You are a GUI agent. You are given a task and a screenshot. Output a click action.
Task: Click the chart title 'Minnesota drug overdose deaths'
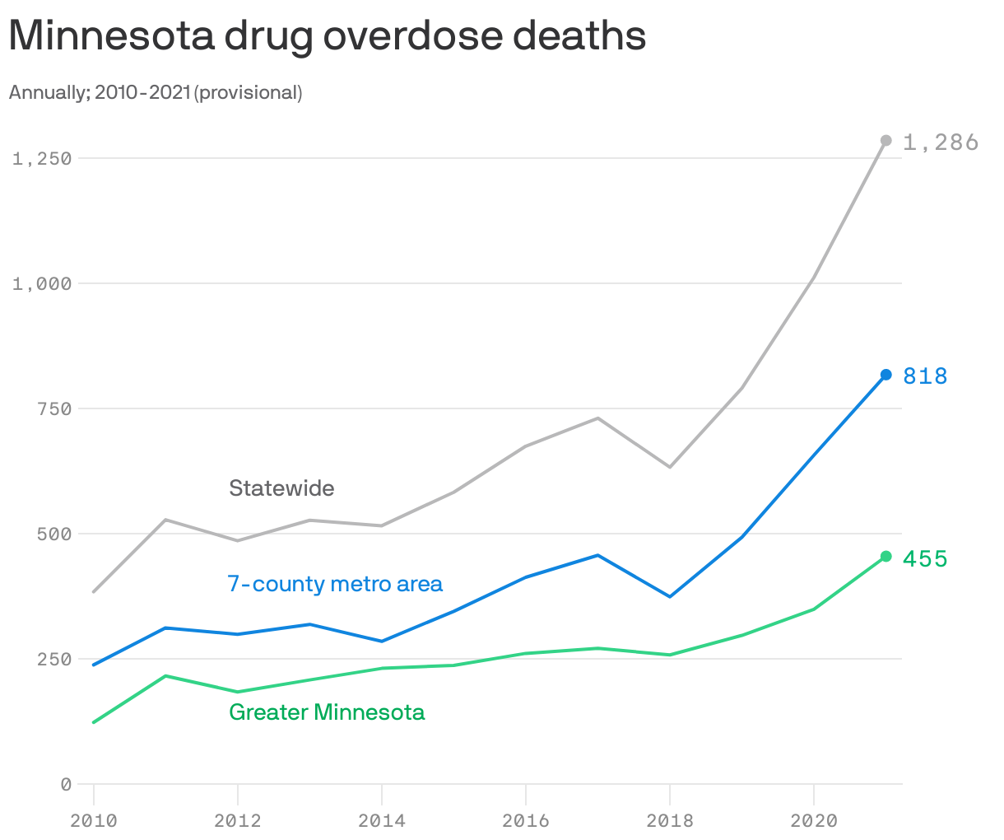327,36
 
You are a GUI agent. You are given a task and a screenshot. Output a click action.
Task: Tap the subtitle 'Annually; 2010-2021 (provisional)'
156,92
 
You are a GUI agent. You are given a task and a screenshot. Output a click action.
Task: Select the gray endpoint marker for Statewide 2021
885,141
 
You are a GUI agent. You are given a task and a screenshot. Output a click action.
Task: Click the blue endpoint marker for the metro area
885,375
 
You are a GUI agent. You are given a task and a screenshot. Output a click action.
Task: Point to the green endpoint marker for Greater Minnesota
885,557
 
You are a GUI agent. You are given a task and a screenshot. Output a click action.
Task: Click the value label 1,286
940,142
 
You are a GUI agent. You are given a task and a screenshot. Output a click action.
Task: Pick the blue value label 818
925,376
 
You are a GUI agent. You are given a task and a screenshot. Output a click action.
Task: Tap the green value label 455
925,559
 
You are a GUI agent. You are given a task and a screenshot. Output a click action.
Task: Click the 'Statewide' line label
281,488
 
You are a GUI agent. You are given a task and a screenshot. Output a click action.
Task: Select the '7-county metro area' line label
335,584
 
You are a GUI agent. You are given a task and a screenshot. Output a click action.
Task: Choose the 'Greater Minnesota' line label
327,712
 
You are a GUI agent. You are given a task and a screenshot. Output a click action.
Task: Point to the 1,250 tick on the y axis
42,158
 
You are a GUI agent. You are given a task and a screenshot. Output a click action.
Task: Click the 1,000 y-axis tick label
42,283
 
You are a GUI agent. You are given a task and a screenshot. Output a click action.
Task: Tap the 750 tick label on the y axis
54,408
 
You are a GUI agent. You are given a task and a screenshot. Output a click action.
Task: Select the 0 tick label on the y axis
66,785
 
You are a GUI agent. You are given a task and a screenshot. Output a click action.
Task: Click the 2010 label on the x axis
93,821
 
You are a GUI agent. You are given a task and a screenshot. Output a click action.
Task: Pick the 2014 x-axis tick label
382,821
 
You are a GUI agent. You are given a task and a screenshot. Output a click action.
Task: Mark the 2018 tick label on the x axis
670,821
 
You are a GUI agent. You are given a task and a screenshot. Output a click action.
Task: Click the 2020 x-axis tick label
814,821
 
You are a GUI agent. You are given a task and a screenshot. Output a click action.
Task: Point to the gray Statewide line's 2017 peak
598,418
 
